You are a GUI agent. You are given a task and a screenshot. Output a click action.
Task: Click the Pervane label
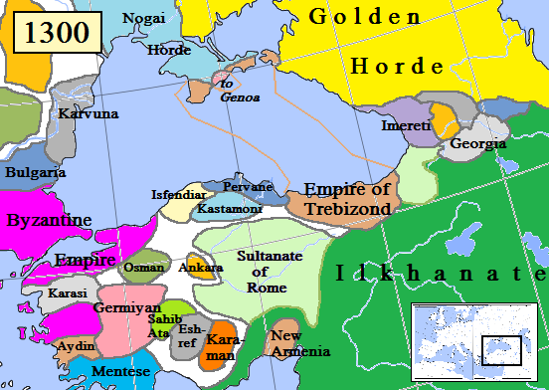(249, 187)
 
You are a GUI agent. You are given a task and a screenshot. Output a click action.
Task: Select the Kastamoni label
(230, 210)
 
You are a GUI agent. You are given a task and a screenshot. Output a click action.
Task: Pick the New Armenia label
(299, 344)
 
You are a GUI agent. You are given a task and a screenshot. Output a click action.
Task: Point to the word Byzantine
(49, 220)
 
